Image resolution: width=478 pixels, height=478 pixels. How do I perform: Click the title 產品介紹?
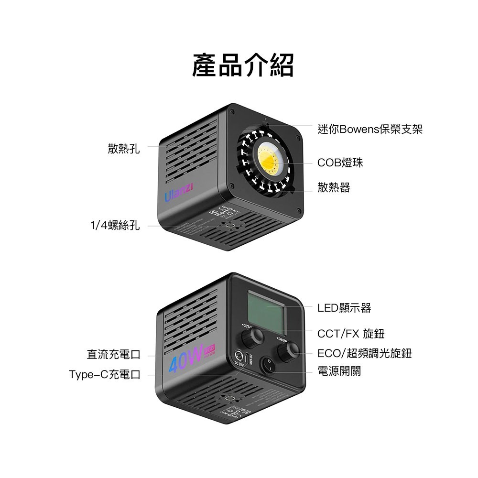coord(243,65)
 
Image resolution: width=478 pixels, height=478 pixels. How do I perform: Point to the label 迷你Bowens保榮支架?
coord(369,129)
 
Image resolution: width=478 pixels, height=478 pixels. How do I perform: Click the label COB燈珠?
coord(340,163)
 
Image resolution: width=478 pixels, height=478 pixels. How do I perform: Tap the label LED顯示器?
coord(344,308)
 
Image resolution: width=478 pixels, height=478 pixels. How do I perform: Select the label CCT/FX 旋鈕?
coord(351,333)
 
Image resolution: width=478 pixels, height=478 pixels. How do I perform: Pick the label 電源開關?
coord(339,371)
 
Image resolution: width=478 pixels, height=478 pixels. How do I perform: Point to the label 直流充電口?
coord(113,355)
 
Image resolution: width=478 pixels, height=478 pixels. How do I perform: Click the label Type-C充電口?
coord(105,374)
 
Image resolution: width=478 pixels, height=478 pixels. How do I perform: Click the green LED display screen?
coord(266,311)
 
